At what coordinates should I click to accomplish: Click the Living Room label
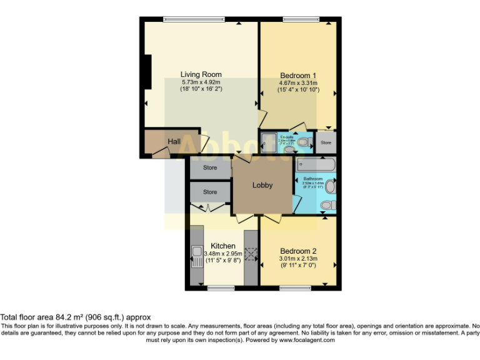point(201,74)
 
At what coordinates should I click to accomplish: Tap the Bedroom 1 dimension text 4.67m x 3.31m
point(298,83)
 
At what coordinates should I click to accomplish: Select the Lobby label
point(262,185)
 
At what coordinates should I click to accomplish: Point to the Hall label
point(174,142)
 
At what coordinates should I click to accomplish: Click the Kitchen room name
point(223,246)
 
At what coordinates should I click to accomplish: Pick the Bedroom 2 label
point(298,251)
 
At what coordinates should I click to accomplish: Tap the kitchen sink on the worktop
point(194,256)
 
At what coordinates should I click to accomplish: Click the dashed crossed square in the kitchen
point(251,254)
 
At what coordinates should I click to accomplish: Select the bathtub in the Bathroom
point(316,164)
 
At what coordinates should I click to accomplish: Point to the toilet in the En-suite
point(303,142)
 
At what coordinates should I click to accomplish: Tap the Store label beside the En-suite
point(325,142)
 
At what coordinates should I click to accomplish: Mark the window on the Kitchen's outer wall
point(221,288)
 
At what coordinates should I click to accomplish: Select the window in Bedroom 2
point(291,288)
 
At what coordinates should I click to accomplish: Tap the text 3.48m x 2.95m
point(223,254)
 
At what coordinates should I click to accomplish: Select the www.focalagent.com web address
point(306,340)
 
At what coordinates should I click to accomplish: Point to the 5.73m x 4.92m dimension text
point(201,82)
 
